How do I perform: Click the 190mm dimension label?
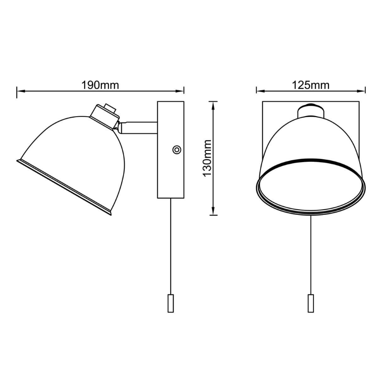pyautogui.click(x=100, y=85)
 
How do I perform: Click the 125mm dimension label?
pyautogui.click(x=311, y=85)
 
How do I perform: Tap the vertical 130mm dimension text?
pyautogui.click(x=207, y=159)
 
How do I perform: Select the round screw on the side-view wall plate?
pyautogui.click(x=177, y=150)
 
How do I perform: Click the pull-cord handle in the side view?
pyautogui.click(x=171, y=304)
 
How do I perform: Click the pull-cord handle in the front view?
pyautogui.click(x=311, y=304)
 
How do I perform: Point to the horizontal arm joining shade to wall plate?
pyautogui.click(x=139, y=128)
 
